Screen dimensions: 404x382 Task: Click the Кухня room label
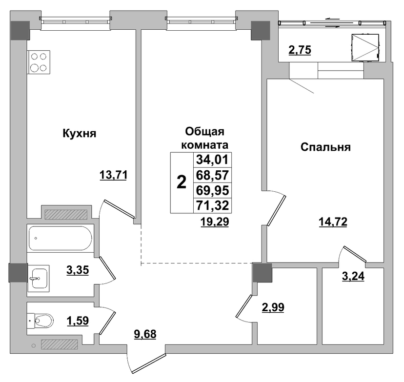pos(80,134)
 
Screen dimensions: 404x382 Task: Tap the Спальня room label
pos(325,147)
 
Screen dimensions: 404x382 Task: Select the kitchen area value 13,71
pos(113,176)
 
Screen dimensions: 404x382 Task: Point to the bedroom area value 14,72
pos(333,221)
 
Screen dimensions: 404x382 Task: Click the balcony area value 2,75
pos(300,50)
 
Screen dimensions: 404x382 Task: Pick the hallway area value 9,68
pos(145,334)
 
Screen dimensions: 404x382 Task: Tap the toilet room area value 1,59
pos(78,321)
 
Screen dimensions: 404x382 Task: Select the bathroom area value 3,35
pos(78,270)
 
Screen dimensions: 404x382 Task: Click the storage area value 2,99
pos(273,307)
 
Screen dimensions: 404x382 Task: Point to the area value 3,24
pos(353,276)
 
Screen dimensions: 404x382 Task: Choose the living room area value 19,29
pos(215,221)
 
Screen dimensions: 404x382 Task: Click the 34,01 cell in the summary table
pos(212,160)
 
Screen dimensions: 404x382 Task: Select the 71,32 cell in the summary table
pos(212,205)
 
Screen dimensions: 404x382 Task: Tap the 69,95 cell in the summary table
pos(212,191)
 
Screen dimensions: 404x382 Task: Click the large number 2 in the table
pos(182,182)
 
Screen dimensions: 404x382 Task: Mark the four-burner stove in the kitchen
pos(39,62)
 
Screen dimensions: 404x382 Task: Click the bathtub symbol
pos(61,238)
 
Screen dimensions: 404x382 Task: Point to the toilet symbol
pos(40,321)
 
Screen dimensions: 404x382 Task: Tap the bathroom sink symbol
pos(39,278)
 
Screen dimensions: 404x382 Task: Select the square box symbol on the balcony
pos(365,48)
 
